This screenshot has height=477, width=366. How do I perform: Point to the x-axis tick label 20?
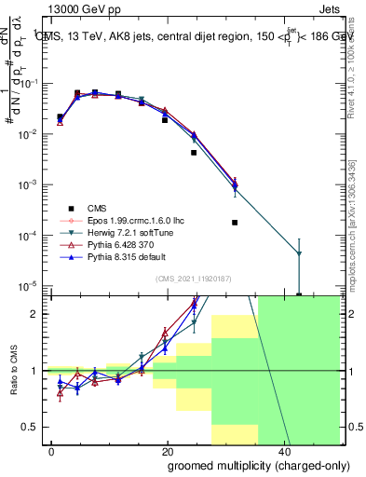168,452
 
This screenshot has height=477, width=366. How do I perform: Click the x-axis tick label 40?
282,452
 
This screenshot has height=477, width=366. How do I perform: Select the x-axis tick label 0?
52,452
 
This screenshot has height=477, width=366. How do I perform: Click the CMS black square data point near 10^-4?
235,223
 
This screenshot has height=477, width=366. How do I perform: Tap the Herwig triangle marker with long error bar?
299,253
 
